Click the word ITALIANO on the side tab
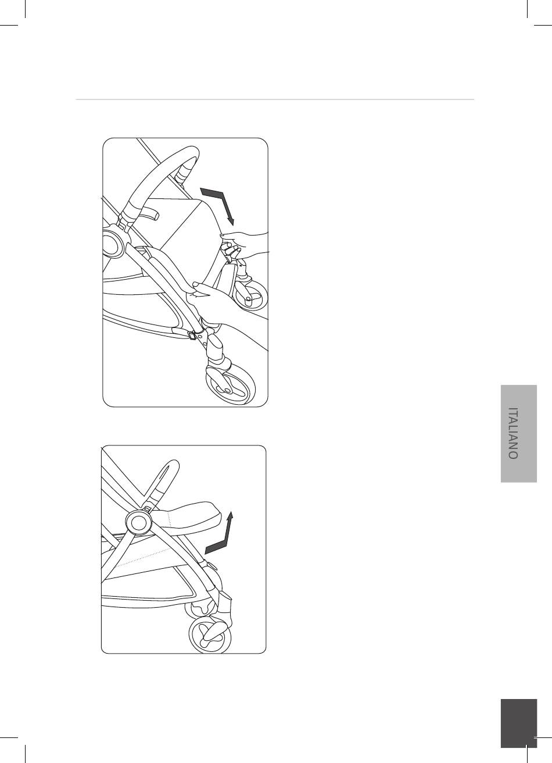(x=513, y=433)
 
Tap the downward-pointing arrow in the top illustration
(x=220, y=204)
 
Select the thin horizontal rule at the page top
(x=275, y=99)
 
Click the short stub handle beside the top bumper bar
(x=148, y=214)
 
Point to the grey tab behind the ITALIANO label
(x=519, y=433)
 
